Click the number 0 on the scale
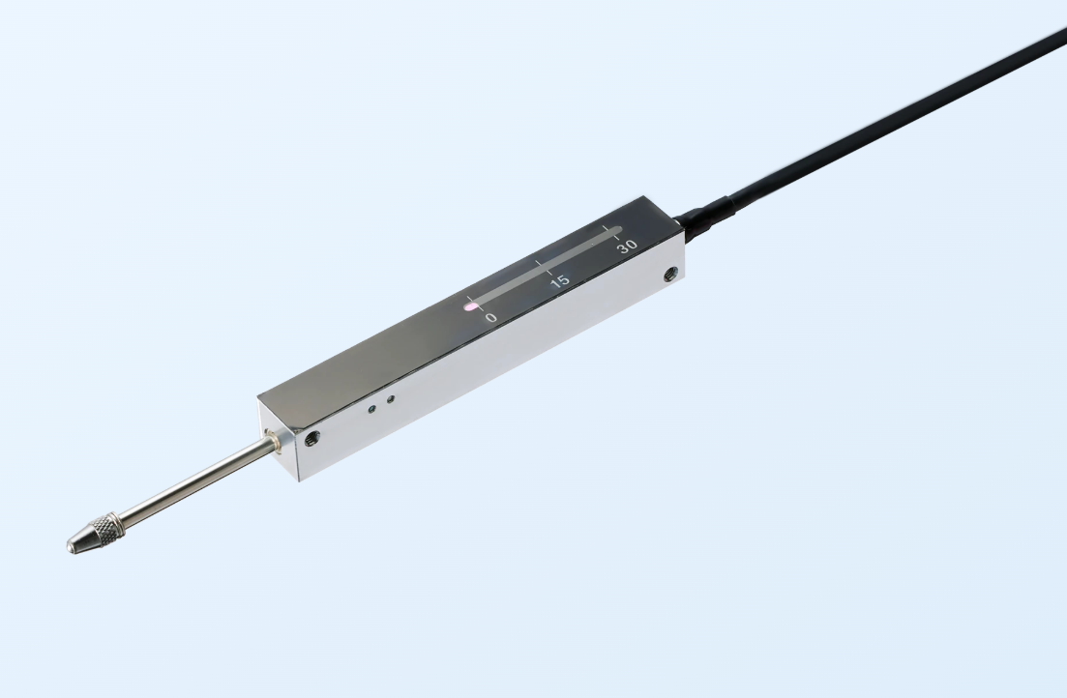tap(490, 318)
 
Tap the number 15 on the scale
tap(559, 281)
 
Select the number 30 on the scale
tap(628, 246)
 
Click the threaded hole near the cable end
tap(670, 275)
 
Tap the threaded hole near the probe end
tap(311, 438)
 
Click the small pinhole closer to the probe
tap(371, 409)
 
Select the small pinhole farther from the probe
tap(390, 399)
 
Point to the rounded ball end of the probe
tap(70, 545)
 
